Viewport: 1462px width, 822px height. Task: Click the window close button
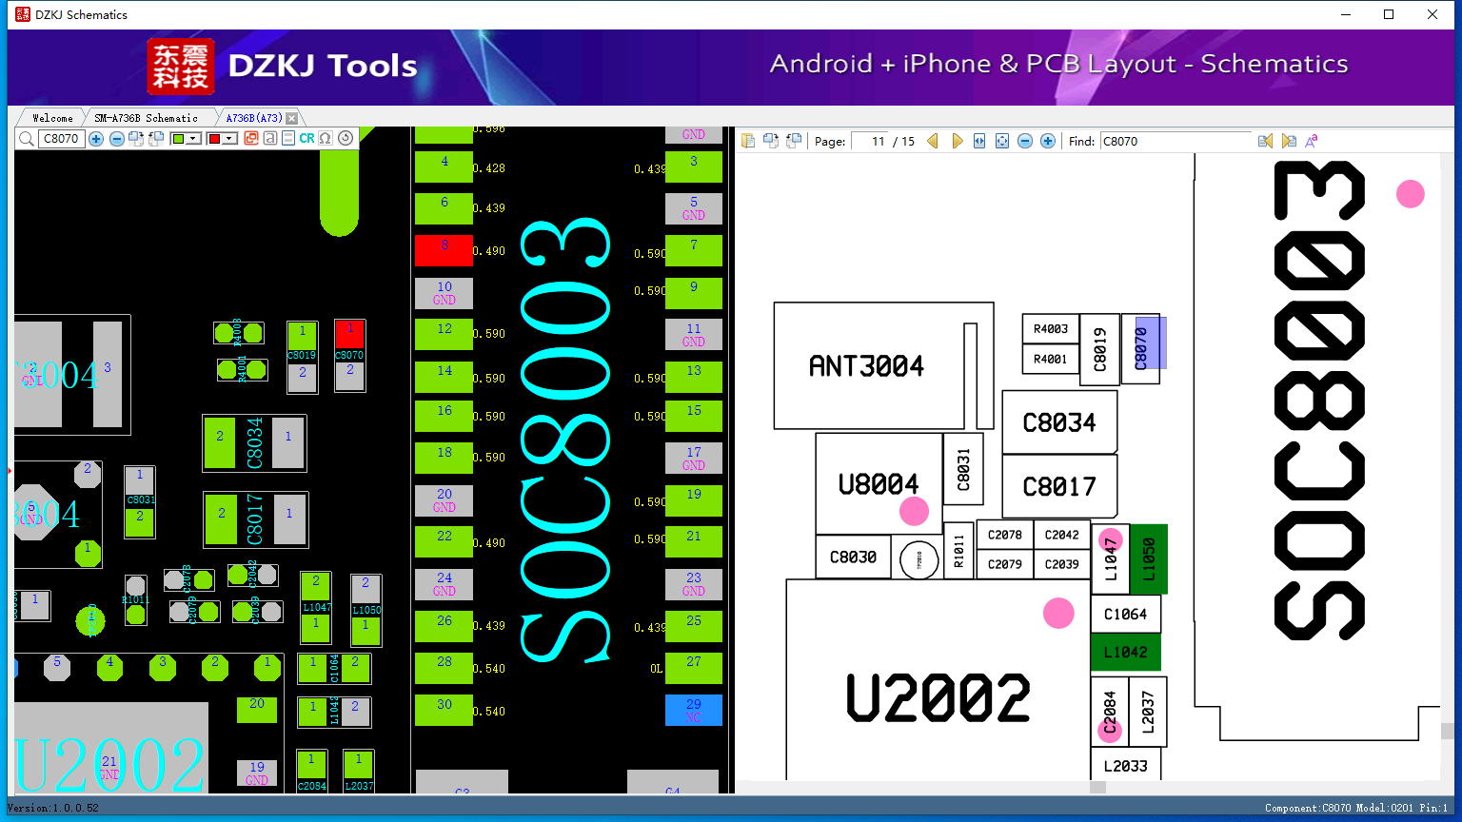(1432, 14)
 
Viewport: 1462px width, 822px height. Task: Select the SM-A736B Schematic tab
(146, 118)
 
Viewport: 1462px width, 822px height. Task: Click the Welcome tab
(52, 118)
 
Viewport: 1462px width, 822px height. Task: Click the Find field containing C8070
(1176, 141)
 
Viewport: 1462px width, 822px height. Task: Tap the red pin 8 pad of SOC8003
(444, 250)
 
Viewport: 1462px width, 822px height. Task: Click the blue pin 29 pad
(693, 710)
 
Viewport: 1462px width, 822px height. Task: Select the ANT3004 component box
(866, 366)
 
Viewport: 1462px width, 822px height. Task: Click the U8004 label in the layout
(878, 484)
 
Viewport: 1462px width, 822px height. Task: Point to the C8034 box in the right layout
(1058, 422)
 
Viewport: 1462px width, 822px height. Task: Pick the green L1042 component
(1125, 652)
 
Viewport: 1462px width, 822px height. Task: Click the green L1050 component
(1149, 558)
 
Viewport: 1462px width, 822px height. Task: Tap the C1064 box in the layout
(1125, 615)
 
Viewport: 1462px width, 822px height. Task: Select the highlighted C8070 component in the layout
(1141, 348)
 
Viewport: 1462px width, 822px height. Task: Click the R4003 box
(1050, 329)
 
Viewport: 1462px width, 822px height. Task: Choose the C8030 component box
(853, 557)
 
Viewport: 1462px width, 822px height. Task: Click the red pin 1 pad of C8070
(350, 333)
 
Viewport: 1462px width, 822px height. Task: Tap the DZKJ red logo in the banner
(180, 67)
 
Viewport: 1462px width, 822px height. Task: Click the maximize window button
(1389, 14)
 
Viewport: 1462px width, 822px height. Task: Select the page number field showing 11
(870, 141)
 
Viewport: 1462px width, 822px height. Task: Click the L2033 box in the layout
(1125, 766)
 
